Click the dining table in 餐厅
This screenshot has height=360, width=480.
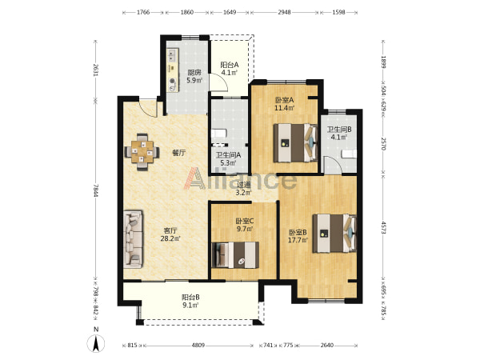[x=142, y=151]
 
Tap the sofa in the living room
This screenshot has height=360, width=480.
[x=134, y=238]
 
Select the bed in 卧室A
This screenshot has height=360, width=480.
[x=295, y=142]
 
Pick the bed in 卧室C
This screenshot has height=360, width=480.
[x=235, y=254]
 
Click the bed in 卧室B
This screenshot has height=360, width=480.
[x=334, y=233]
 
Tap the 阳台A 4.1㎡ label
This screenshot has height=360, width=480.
[x=230, y=69]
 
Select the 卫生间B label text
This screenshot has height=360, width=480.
[x=339, y=130]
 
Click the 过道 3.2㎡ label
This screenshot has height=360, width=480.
[x=244, y=189]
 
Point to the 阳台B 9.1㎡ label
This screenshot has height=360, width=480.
[x=190, y=301]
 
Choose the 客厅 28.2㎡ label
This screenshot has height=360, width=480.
[x=170, y=234]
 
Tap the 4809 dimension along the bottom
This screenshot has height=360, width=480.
[x=198, y=346]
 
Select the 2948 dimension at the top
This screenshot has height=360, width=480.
[x=284, y=12]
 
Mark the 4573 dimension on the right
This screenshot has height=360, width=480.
[x=383, y=226]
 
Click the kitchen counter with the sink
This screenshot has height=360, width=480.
[x=173, y=70]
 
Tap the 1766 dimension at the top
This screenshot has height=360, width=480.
[x=143, y=12]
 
